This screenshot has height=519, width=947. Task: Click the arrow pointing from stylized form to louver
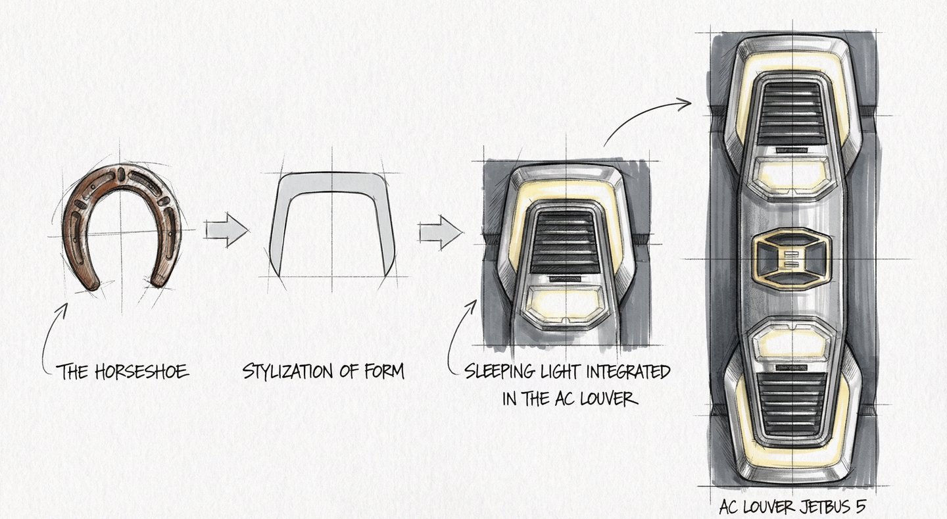pyautogui.click(x=440, y=232)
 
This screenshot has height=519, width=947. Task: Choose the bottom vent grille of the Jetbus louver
pyautogui.click(x=791, y=403)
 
